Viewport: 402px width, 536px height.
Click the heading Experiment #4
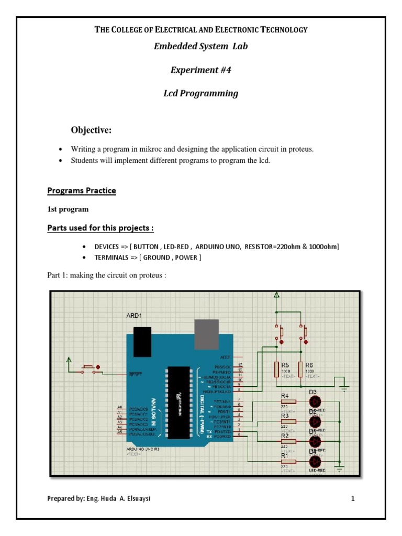point(200,70)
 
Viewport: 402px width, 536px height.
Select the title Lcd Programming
point(200,93)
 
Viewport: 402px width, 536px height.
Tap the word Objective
point(91,130)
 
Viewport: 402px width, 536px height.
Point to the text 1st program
point(68,209)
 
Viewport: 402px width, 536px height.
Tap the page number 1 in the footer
point(353,499)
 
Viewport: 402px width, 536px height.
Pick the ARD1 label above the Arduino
point(133,316)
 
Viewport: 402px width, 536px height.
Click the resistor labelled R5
point(276,369)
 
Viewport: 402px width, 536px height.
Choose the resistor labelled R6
point(301,369)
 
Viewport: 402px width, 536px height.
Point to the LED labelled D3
point(315,401)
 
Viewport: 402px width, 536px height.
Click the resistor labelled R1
point(288,462)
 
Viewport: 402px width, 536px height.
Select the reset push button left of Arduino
point(88,367)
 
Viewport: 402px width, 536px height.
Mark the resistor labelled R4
point(288,401)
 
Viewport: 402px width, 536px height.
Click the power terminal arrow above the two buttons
point(276,296)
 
